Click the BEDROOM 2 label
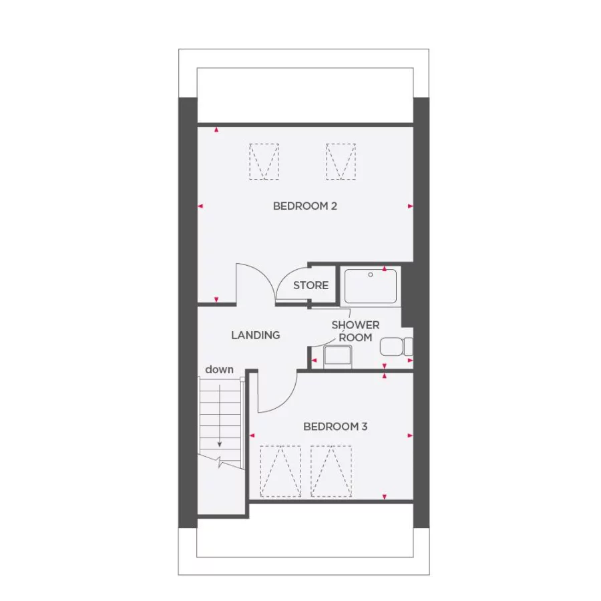click(x=305, y=206)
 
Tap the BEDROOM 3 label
click(x=335, y=426)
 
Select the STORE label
click(x=311, y=285)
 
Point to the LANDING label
click(x=255, y=335)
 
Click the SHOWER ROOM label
click(x=355, y=331)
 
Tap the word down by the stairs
click(x=219, y=369)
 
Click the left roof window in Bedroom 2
click(x=264, y=161)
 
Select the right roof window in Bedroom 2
click(x=341, y=161)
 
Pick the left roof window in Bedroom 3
click(x=280, y=471)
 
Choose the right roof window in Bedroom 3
click(x=331, y=471)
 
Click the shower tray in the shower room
click(x=369, y=285)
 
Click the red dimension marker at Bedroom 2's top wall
click(x=216, y=130)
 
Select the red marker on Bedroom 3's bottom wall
click(x=384, y=496)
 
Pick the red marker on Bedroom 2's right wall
click(x=410, y=206)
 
